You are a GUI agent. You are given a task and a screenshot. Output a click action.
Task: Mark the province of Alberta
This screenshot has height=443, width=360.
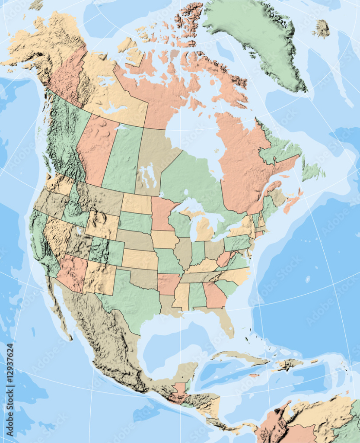[x=95, y=147]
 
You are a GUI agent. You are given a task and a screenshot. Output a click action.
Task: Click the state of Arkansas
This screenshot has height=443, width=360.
[x=168, y=283]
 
